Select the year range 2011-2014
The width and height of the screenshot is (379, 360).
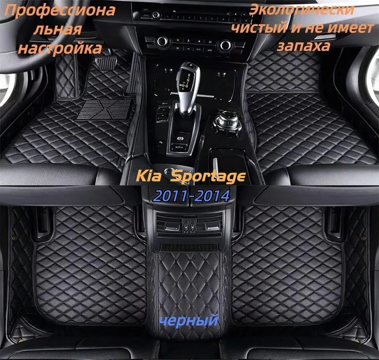(x=191, y=196)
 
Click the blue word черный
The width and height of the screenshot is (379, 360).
(x=189, y=321)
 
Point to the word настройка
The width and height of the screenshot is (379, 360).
(x=60, y=48)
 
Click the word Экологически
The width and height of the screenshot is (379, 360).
(x=301, y=10)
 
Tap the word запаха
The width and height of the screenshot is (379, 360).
(x=303, y=46)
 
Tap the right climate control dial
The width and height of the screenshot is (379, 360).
(x=225, y=44)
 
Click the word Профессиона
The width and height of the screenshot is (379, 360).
(x=60, y=10)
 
